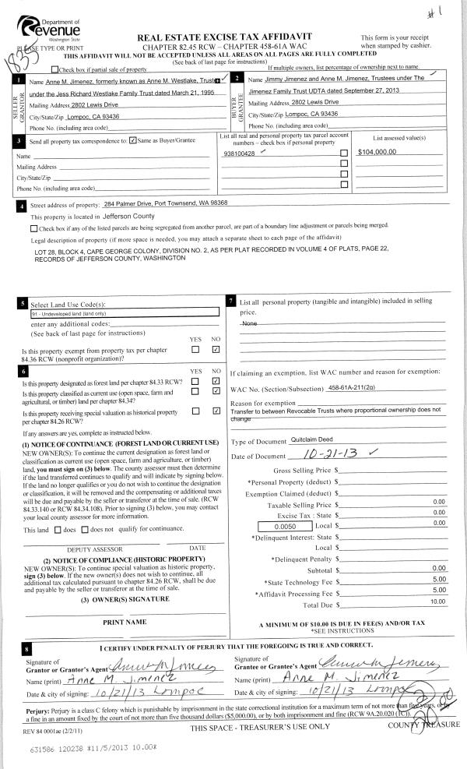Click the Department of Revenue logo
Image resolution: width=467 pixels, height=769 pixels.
tap(48, 27)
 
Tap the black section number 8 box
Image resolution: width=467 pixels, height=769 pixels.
tap(28, 648)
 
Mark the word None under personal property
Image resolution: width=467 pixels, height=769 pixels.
tap(250, 322)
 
